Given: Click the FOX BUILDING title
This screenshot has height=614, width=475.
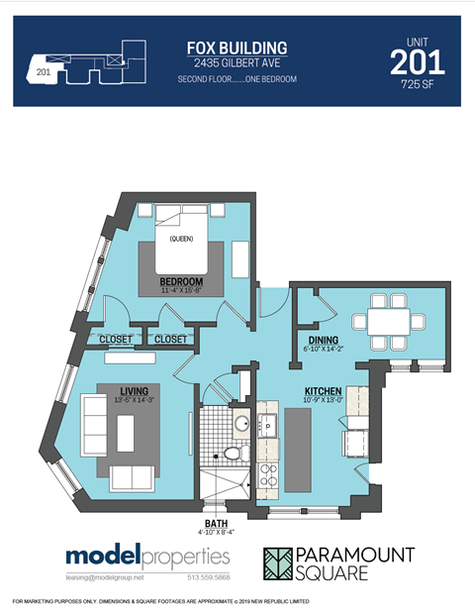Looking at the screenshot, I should pyautogui.click(x=237, y=48).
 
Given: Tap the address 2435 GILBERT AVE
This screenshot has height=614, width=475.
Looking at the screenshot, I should pyautogui.click(x=237, y=63).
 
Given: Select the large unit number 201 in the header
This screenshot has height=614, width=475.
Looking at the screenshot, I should pyautogui.click(x=417, y=63).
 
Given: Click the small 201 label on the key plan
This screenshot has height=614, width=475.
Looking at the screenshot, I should pyautogui.click(x=43, y=71).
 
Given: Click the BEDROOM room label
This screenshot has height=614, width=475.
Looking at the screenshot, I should pyautogui.click(x=181, y=283).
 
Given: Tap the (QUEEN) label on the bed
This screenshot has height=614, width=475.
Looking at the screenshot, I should pyautogui.click(x=180, y=239).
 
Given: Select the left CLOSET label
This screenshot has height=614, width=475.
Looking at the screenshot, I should pyautogui.click(x=116, y=339).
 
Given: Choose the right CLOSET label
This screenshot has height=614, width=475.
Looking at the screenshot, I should pyautogui.click(x=170, y=339).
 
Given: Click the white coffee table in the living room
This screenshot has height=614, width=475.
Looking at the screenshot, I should pyautogui.click(x=126, y=432).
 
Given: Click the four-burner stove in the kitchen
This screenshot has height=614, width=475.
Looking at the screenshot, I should pyautogui.click(x=267, y=480).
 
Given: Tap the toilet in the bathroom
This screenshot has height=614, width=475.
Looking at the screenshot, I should pyautogui.click(x=233, y=454).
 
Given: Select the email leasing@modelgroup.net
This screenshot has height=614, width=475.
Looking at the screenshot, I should pyautogui.click(x=104, y=576).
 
